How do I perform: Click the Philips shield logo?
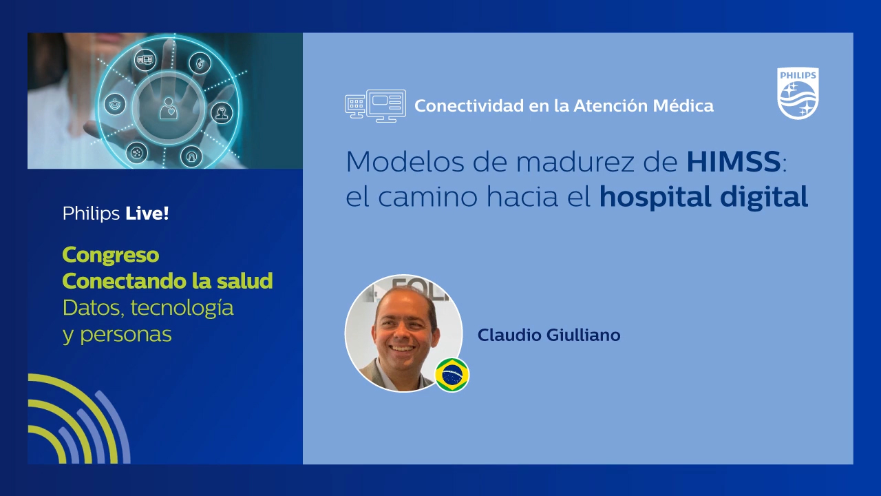pyautogui.click(x=798, y=94)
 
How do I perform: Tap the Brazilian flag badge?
pyautogui.click(x=452, y=375)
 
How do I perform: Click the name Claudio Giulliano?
pyautogui.click(x=549, y=335)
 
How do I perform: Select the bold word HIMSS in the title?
pyautogui.click(x=733, y=162)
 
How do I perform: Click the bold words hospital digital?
pyautogui.click(x=703, y=197)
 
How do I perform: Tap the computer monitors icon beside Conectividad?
pyautogui.click(x=375, y=106)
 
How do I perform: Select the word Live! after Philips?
pyautogui.click(x=147, y=214)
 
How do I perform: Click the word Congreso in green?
pyautogui.click(x=111, y=255)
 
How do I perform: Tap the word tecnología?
pyautogui.click(x=182, y=307)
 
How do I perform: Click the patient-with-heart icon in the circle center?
pyautogui.click(x=168, y=107)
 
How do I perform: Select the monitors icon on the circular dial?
pyautogui.click(x=145, y=60)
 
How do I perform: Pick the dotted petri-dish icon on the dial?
pyautogui.click(x=136, y=152)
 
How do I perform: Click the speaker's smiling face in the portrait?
pyautogui.click(x=402, y=324)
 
